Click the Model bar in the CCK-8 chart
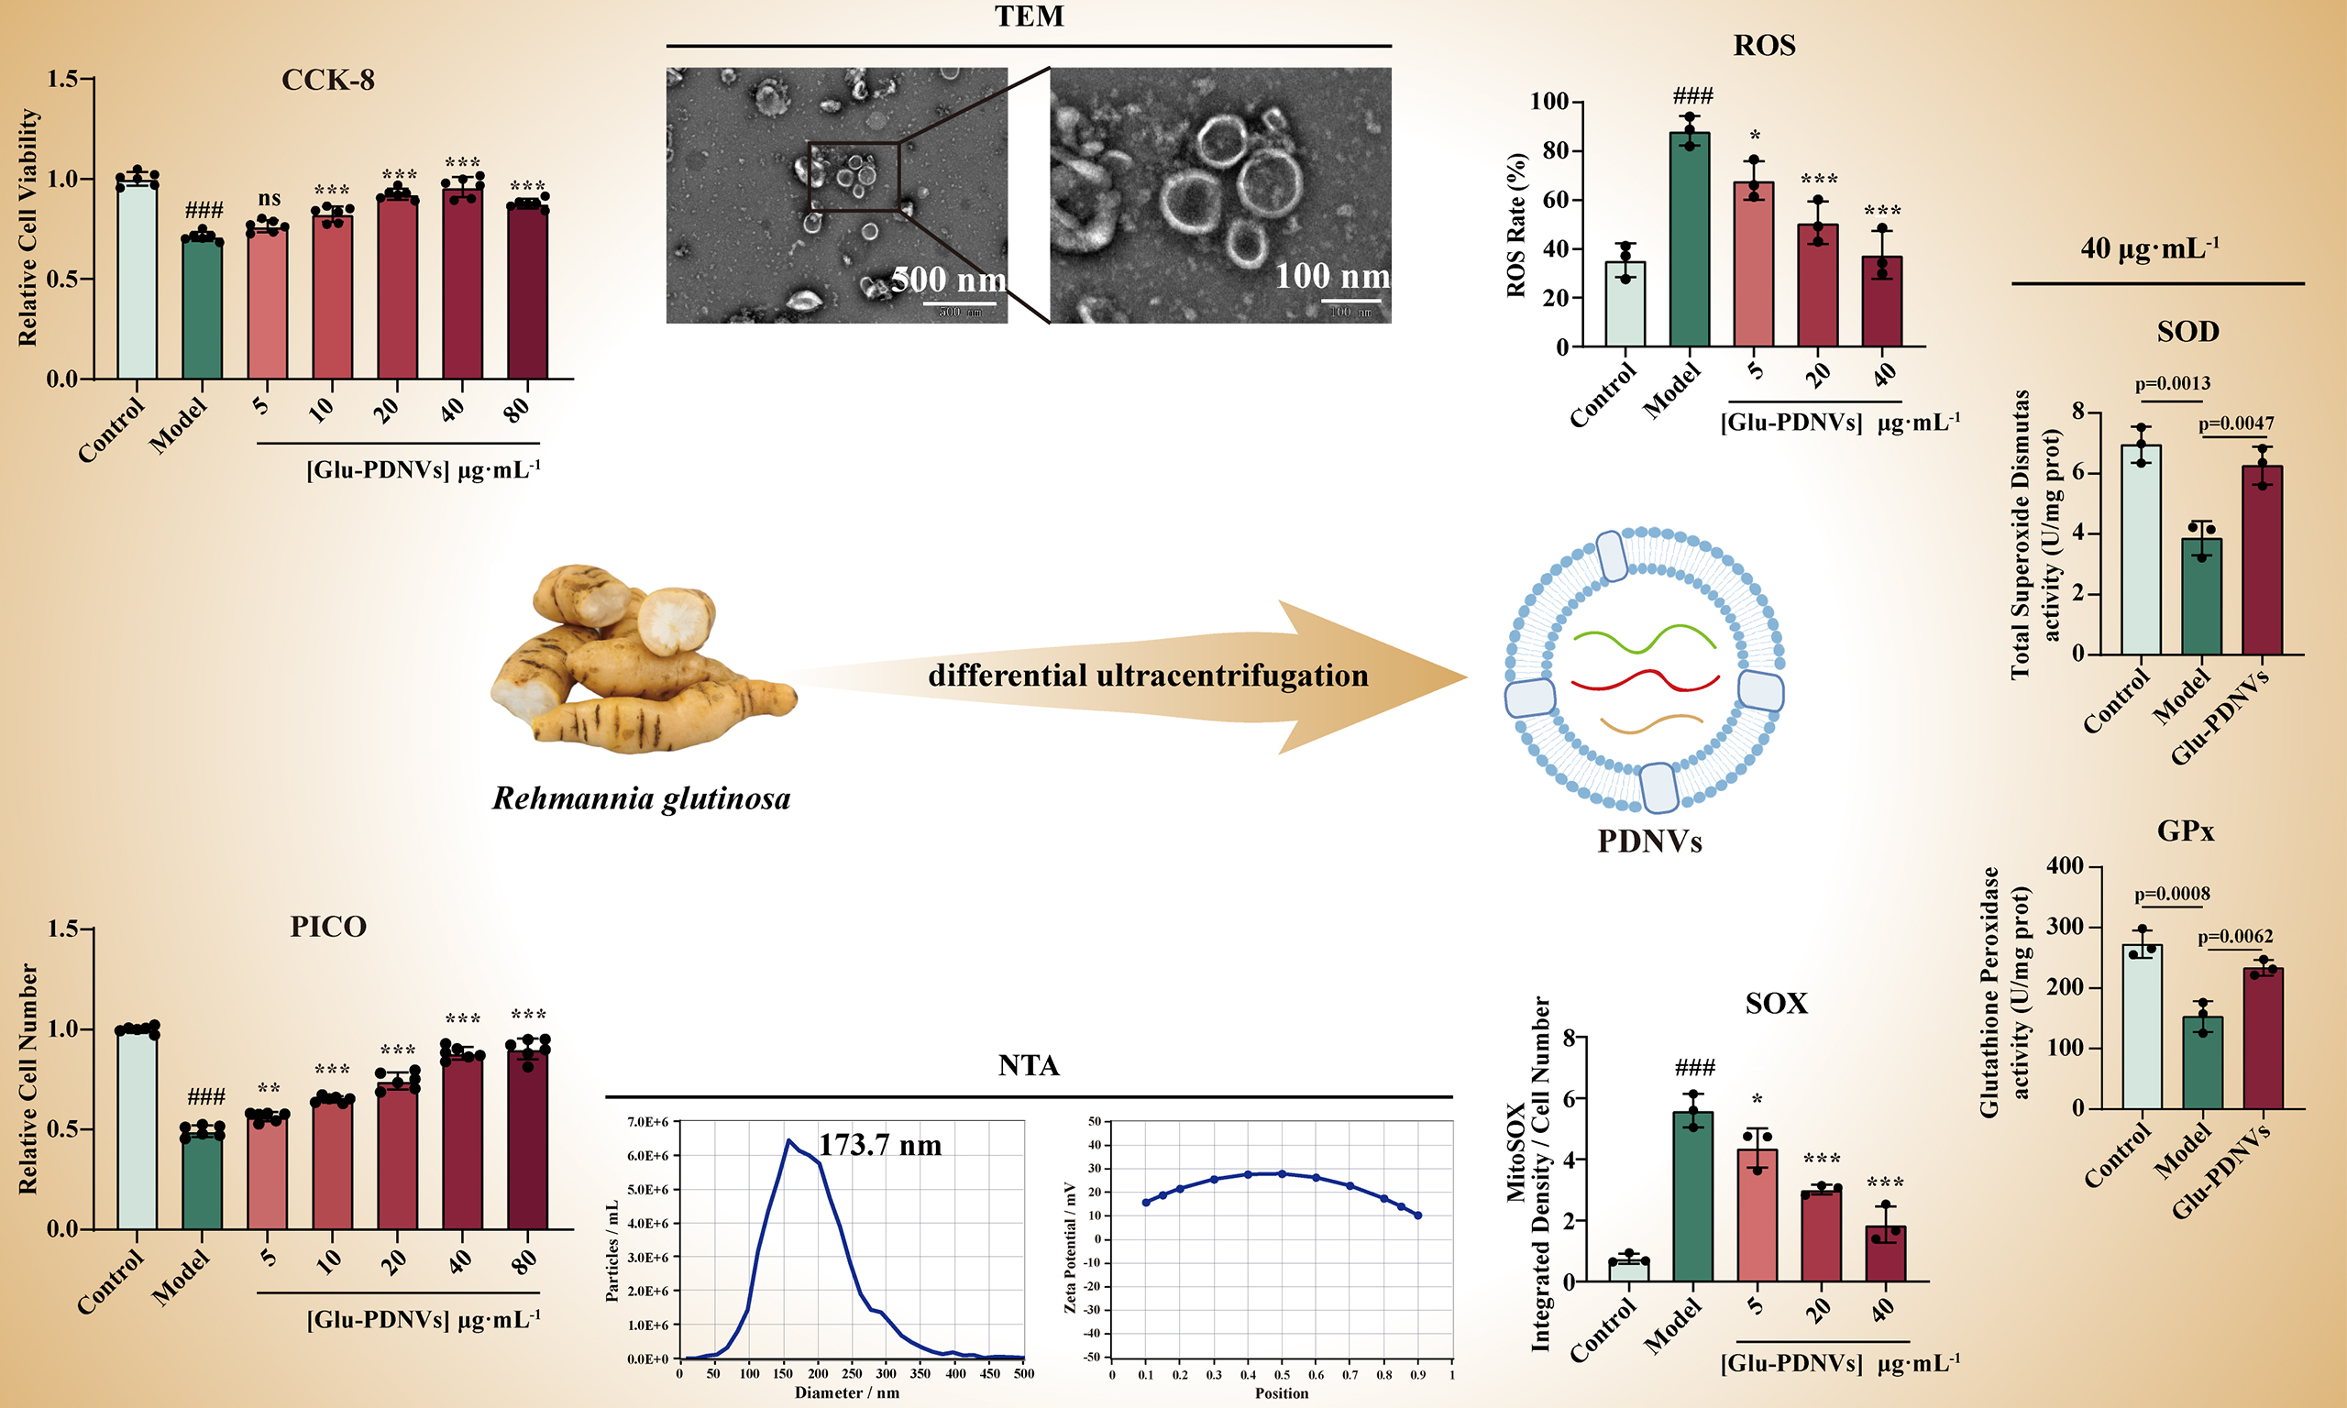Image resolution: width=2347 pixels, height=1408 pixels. pyautogui.click(x=202, y=308)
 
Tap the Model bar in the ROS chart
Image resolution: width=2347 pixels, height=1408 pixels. pyautogui.click(x=1690, y=242)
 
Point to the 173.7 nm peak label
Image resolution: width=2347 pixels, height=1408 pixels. pyautogui.click(x=879, y=1145)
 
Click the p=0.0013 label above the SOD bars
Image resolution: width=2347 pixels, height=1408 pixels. pyautogui.click(x=2173, y=383)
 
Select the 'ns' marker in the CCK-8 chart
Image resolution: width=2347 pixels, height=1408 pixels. pyautogui.click(x=270, y=198)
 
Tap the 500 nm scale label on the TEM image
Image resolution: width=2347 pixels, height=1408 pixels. pyautogui.click(x=949, y=280)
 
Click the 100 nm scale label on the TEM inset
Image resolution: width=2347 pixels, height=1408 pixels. pyautogui.click(x=1332, y=276)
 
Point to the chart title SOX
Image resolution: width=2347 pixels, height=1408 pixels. pyautogui.click(x=1776, y=1003)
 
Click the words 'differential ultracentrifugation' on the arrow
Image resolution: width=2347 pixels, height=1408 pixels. pyautogui.click(x=1148, y=676)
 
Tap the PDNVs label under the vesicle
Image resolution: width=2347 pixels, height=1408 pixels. pyautogui.click(x=1649, y=841)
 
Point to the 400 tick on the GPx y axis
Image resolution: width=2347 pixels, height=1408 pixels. pyautogui.click(x=2065, y=866)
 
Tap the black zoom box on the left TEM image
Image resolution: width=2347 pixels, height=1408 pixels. pyautogui.click(x=853, y=177)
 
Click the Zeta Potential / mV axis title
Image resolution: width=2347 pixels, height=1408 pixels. pyautogui.click(x=1071, y=1247)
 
